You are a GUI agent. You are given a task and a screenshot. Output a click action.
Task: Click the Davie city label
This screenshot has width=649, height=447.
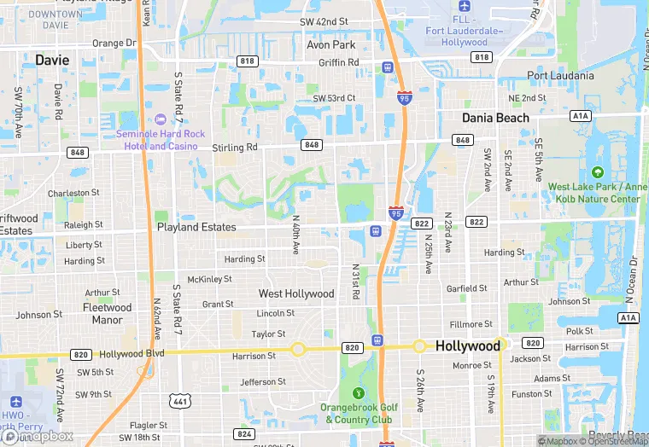pyautogui.click(x=52, y=60)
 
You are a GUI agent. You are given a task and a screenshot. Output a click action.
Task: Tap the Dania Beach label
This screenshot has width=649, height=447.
pyautogui.click(x=495, y=118)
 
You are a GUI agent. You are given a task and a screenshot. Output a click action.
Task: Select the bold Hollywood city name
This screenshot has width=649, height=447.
pyautogui.click(x=467, y=346)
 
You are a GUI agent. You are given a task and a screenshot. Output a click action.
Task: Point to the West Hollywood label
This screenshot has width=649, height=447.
pyautogui.click(x=296, y=293)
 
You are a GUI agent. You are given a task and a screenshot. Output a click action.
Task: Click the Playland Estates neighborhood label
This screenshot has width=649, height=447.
pyautogui.click(x=196, y=227)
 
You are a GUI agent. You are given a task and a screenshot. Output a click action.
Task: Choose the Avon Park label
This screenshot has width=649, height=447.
pyautogui.click(x=330, y=44)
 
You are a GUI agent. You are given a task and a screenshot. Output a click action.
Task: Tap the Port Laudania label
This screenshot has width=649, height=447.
pyautogui.click(x=560, y=75)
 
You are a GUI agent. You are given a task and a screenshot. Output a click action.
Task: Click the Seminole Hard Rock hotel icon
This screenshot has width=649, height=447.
pyautogui.click(x=161, y=118)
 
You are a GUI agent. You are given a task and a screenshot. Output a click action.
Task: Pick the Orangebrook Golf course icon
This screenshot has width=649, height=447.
pyautogui.click(x=359, y=393)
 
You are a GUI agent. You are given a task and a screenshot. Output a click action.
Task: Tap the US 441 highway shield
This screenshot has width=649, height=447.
pyautogui.click(x=181, y=400)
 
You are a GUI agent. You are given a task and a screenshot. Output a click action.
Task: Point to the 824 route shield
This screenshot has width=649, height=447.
pyautogui.click(x=244, y=434)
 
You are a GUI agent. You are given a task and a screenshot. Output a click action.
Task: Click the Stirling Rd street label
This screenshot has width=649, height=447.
pyautogui.click(x=235, y=148)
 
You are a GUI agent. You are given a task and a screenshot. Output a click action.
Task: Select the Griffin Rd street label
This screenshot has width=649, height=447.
pyautogui.click(x=338, y=62)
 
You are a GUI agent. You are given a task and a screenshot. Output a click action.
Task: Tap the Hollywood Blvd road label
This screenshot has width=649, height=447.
pyautogui.click(x=132, y=354)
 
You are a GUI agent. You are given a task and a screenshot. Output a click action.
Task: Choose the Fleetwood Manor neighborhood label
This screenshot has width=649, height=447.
pyautogui.click(x=107, y=314)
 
